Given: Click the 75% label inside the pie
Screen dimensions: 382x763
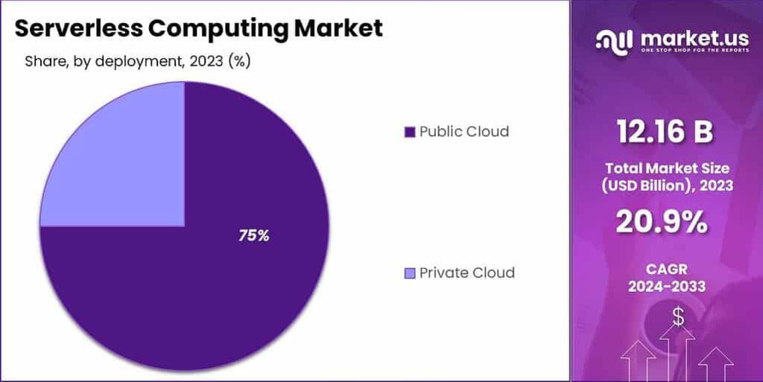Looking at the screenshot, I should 253,236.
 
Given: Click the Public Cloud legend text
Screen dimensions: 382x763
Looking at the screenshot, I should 464,132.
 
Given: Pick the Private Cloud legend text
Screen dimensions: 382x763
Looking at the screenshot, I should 467,273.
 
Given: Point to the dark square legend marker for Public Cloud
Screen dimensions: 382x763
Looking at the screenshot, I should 409,133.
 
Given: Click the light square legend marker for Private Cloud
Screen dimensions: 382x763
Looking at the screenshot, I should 409,273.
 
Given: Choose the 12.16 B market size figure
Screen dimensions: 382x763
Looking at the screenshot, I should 665,133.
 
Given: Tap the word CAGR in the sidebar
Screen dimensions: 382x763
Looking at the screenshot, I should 665,270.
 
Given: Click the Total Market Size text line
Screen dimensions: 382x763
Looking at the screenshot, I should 666,168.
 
